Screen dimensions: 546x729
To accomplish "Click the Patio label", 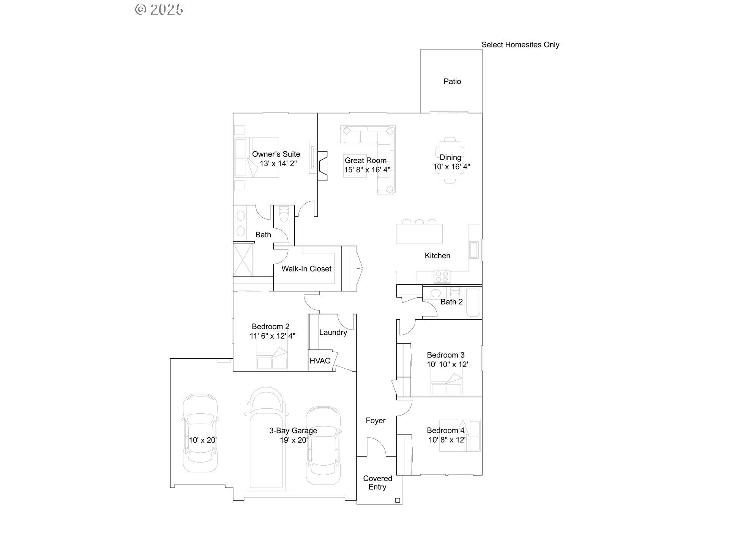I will coord(452,82).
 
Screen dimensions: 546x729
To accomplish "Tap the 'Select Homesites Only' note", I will coord(520,45).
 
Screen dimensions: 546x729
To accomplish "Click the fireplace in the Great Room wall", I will coord(322,166).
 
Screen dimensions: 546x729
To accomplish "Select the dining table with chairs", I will coord(450,160).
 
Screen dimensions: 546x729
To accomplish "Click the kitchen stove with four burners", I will coord(442,276).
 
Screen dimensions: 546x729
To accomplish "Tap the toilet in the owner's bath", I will coord(284,215).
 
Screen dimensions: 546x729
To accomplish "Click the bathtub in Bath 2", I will coord(473,303).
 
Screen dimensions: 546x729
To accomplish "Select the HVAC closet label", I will coord(320,361).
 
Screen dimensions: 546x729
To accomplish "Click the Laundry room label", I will coord(333,333).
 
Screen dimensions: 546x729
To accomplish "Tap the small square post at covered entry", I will coord(398,500).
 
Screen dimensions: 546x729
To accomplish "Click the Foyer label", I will coord(376,420).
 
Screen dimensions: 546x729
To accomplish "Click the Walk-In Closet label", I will coord(306,269).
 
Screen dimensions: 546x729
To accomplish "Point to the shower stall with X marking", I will coord(243,260).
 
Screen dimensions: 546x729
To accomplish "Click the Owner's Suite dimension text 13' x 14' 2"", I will coord(278,164).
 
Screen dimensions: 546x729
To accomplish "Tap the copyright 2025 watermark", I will coord(159,9).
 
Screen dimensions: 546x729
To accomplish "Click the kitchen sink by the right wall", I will coord(473,250).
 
